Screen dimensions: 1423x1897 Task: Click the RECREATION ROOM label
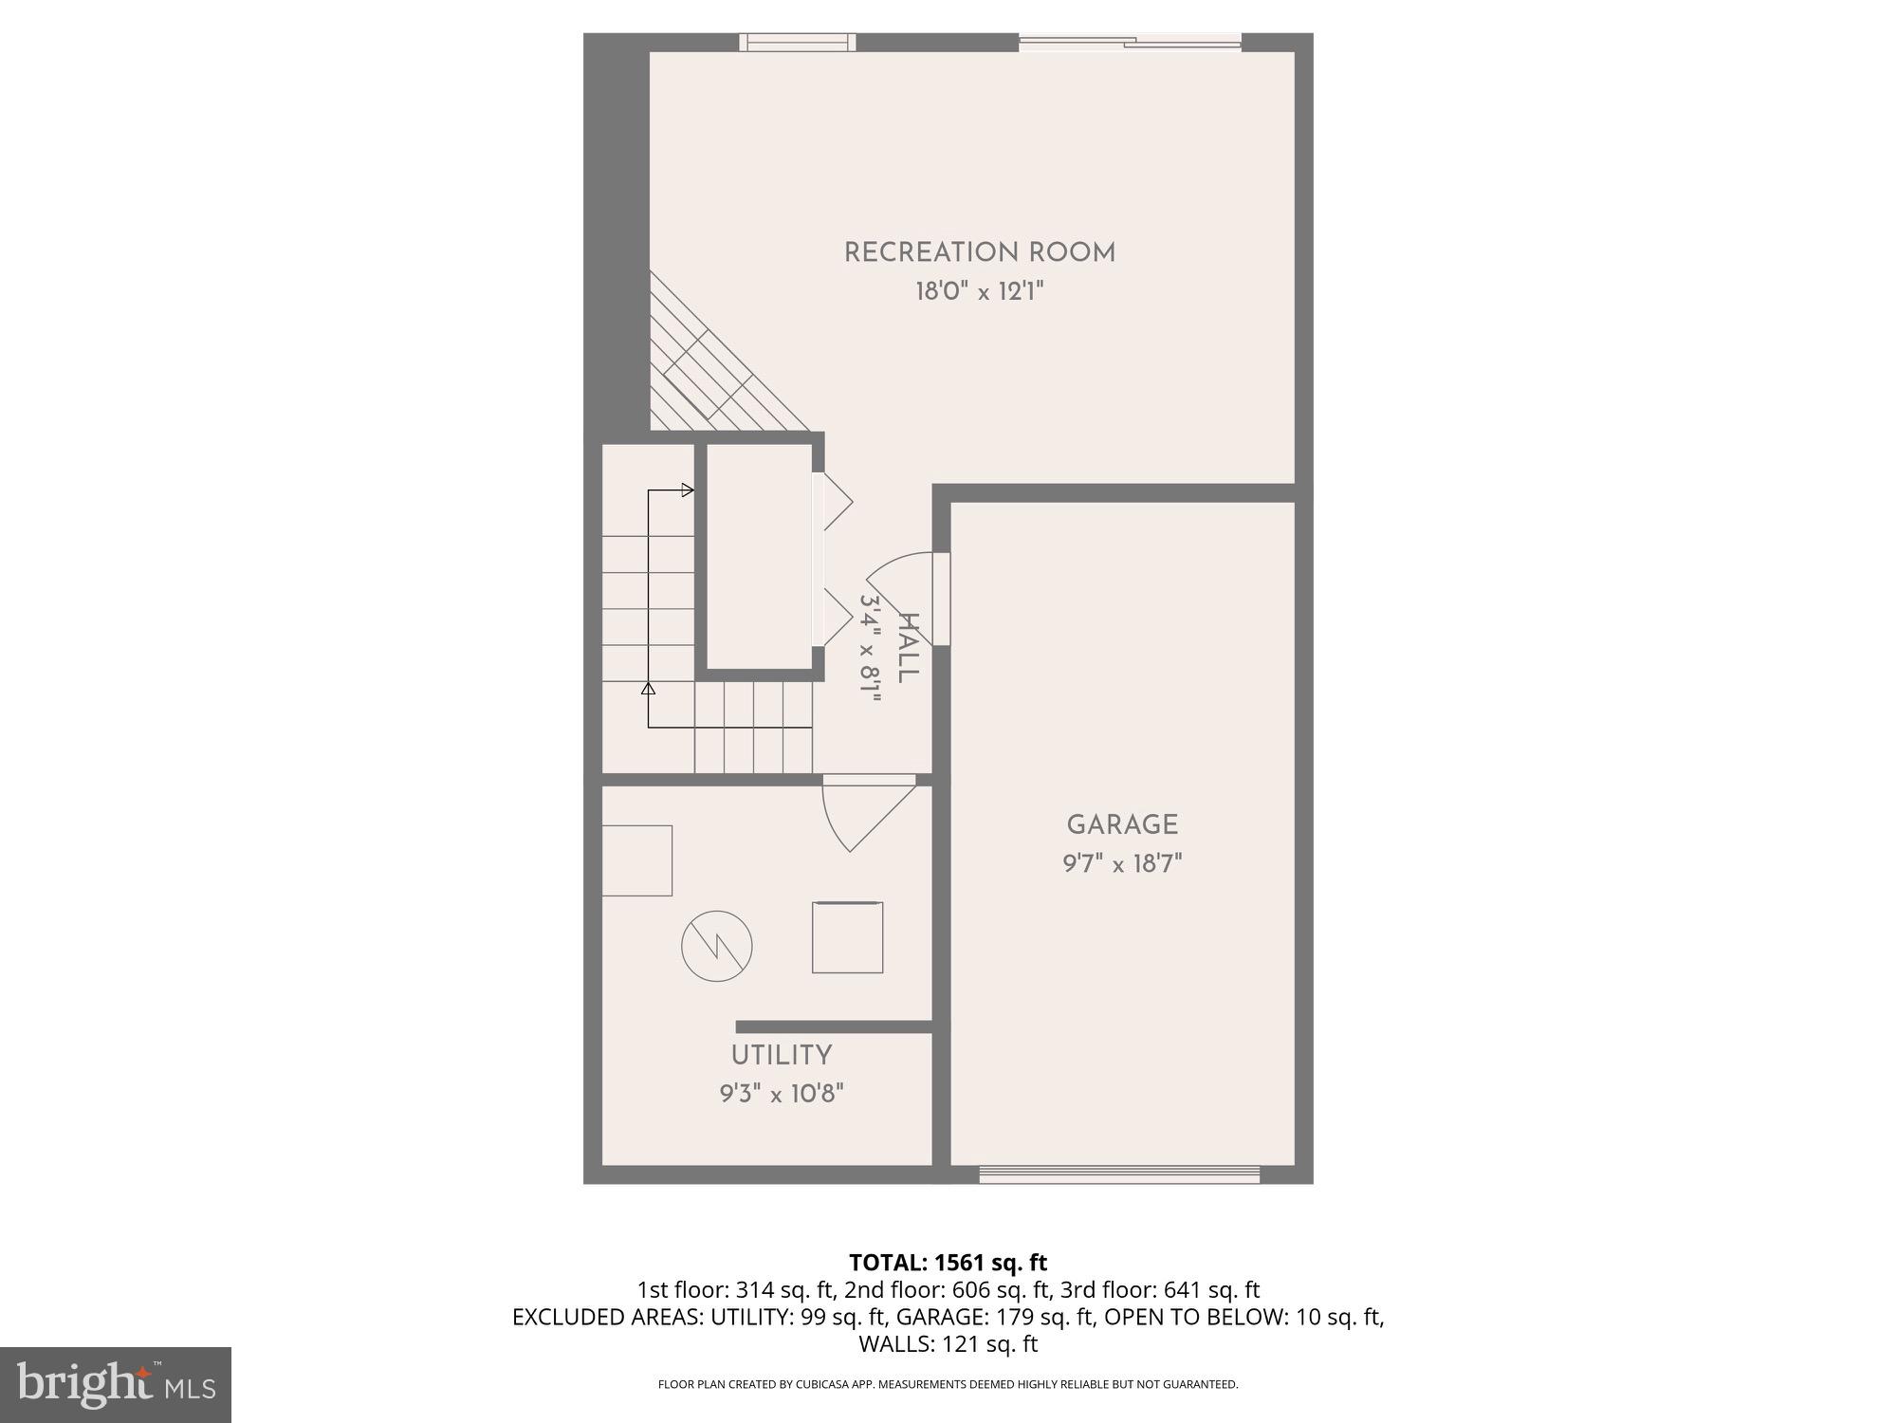click(x=979, y=252)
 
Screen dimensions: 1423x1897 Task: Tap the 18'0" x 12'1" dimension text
click(x=979, y=291)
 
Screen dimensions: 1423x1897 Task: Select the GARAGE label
click(x=1122, y=824)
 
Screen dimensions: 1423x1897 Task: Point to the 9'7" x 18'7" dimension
click(x=1122, y=864)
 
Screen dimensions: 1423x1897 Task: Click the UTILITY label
click(x=782, y=1055)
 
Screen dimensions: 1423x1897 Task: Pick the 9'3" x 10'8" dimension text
click(x=782, y=1094)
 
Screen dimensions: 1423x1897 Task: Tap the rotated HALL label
click(x=908, y=648)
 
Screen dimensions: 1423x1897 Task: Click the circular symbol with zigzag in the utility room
click(x=717, y=946)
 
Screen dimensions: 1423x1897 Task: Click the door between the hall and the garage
click(x=940, y=599)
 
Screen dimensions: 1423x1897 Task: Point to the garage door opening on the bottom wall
click(x=1119, y=1175)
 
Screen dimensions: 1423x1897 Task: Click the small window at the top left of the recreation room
click(x=798, y=42)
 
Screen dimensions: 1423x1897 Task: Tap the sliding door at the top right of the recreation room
click(x=1130, y=42)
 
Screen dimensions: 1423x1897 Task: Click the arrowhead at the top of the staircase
click(x=688, y=490)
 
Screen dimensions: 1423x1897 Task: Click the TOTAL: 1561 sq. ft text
click(x=948, y=1263)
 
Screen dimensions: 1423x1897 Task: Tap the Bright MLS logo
click(x=115, y=1384)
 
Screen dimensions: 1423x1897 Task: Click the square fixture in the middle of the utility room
click(x=847, y=937)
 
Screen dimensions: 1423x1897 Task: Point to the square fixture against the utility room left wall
click(x=637, y=860)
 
